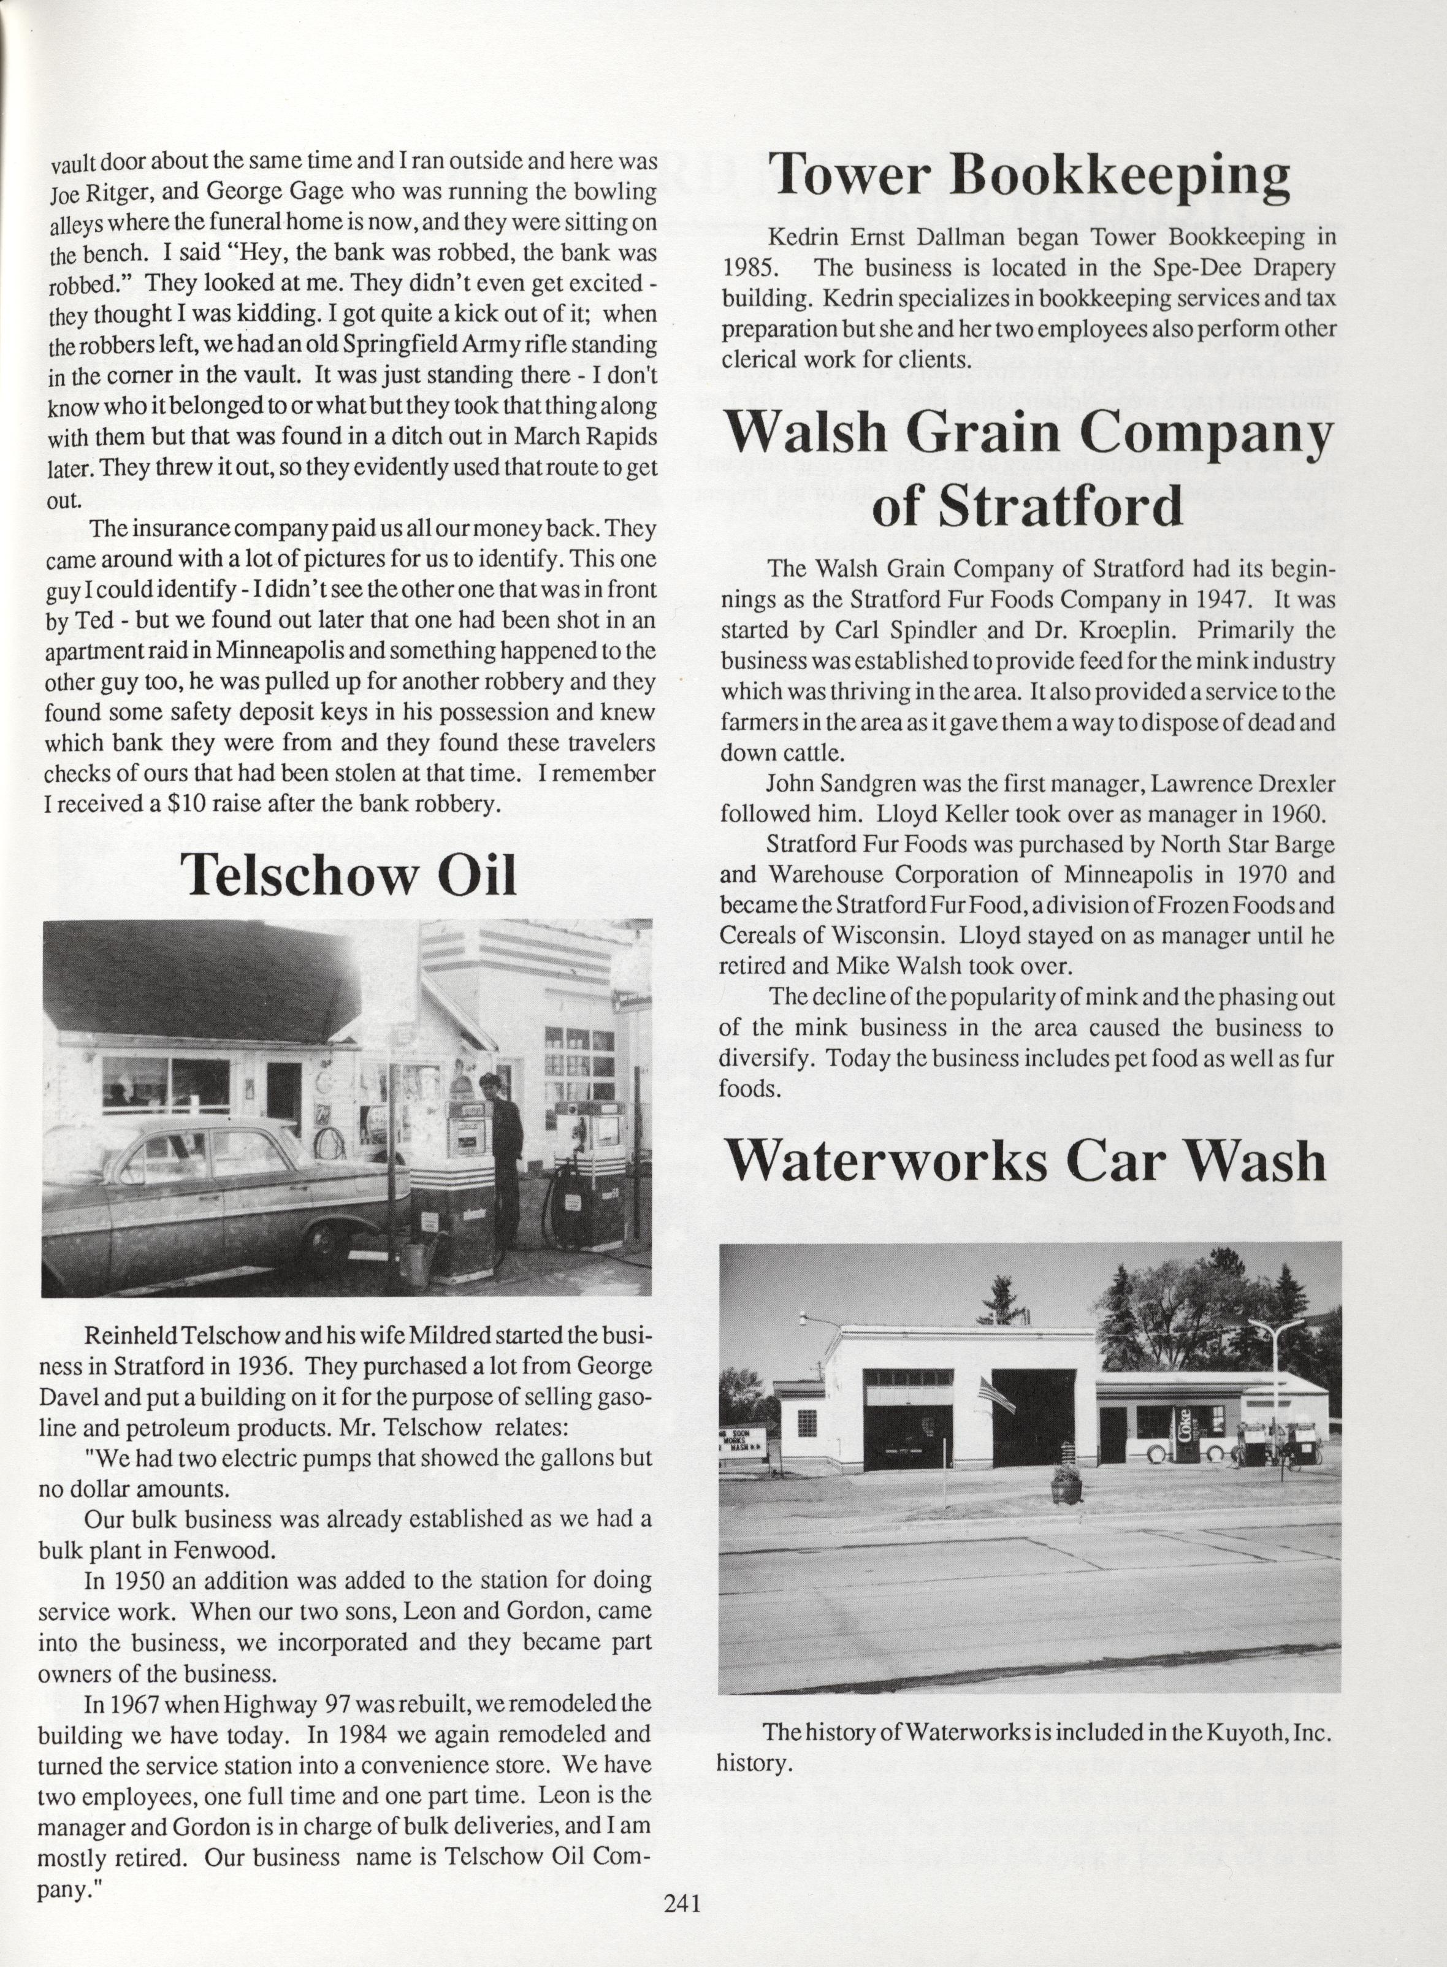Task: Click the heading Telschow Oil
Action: pos(349,873)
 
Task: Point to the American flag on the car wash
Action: pos(997,1392)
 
